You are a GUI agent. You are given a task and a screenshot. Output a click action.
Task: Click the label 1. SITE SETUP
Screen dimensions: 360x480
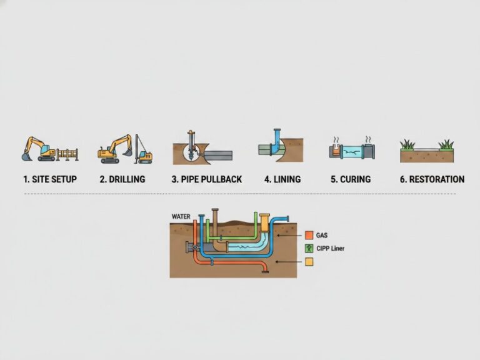pyautogui.click(x=50, y=179)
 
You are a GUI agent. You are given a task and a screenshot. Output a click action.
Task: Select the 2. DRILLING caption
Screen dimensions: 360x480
pyautogui.click(x=122, y=179)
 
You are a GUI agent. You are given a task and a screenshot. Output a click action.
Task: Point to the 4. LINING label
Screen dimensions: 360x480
pyautogui.click(x=282, y=179)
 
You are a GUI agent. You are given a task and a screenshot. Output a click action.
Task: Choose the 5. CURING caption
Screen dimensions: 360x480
pyautogui.click(x=351, y=179)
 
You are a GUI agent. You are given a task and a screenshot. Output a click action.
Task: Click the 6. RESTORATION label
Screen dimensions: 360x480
pyautogui.click(x=432, y=179)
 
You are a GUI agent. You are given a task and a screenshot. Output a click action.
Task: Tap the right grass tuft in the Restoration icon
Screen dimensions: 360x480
pyautogui.click(x=446, y=145)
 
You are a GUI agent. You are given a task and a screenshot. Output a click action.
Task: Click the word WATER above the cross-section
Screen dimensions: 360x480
pyautogui.click(x=181, y=217)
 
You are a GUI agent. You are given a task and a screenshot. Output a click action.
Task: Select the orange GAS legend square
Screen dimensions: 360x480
pyautogui.click(x=309, y=236)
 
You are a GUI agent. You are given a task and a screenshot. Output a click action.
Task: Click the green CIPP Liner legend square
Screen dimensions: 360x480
pyautogui.click(x=309, y=248)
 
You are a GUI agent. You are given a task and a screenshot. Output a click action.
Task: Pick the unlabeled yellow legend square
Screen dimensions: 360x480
pyautogui.click(x=309, y=262)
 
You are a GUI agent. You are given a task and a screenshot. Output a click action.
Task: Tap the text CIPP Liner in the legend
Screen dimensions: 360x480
pyautogui.click(x=331, y=248)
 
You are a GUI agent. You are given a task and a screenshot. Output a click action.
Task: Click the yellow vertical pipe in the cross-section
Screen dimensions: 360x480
pyautogui.click(x=264, y=224)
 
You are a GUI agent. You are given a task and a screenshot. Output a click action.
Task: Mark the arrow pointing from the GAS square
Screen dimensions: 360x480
pyautogui.click(x=290, y=236)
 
